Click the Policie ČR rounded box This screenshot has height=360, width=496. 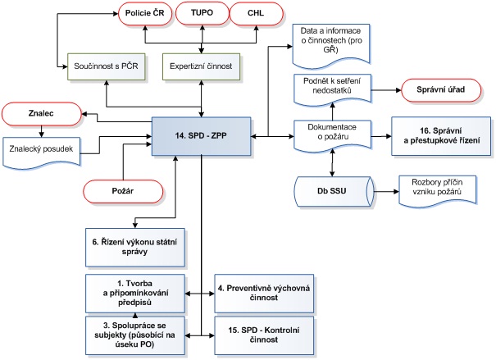point(144,15)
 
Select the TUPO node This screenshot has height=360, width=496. point(200,15)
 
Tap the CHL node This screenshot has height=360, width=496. point(256,15)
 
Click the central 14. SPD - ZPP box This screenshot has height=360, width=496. point(202,134)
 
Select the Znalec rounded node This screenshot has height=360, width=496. point(40,115)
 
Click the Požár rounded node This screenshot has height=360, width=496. point(121,190)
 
